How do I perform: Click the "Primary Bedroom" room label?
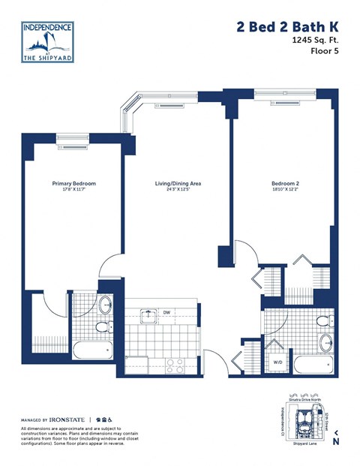pyautogui.click(x=73, y=183)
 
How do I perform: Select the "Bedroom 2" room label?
pyautogui.click(x=285, y=183)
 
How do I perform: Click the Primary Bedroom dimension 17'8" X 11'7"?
pyautogui.click(x=73, y=191)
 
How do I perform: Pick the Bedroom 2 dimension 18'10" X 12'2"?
pyautogui.click(x=285, y=191)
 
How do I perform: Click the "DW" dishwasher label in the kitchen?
pyautogui.click(x=166, y=313)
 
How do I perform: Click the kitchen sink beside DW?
pyautogui.click(x=148, y=314)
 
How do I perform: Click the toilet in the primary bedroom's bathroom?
pyautogui.click(x=105, y=305)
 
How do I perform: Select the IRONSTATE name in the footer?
pyautogui.click(x=68, y=419)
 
